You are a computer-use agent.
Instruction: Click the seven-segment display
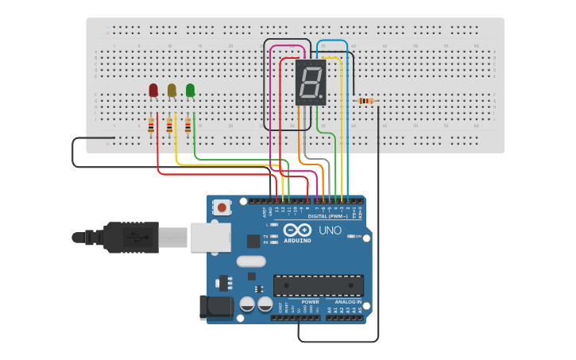(x=311, y=82)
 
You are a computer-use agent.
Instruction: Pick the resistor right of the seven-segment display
(x=365, y=101)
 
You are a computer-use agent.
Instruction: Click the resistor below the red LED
(x=151, y=126)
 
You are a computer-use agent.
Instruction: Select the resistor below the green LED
(x=187, y=126)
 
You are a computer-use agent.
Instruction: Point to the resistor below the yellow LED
(x=169, y=126)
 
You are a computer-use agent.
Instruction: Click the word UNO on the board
(x=330, y=230)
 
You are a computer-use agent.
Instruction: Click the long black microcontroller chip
(x=318, y=285)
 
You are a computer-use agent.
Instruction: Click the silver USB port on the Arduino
(x=211, y=236)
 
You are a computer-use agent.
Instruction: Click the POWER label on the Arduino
(x=310, y=302)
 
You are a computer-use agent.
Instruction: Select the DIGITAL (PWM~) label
(x=326, y=216)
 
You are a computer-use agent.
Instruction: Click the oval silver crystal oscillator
(x=250, y=261)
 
